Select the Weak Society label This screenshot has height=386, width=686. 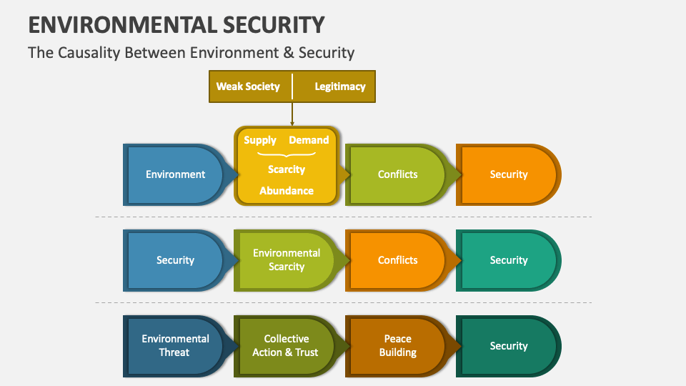pos(248,86)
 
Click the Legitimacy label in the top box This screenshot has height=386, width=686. pos(340,86)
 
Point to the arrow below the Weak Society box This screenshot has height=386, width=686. pos(292,114)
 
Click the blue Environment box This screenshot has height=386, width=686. pos(175,174)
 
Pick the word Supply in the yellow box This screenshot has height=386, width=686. pos(260,140)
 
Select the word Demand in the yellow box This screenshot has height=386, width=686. pos(309,140)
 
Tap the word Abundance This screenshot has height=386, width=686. pos(286,191)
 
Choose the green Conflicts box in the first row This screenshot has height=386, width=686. pos(397,174)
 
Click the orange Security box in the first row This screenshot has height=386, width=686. pos(508,174)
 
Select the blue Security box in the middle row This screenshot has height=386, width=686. pos(175,260)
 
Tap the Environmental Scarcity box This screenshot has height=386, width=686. pos(286,260)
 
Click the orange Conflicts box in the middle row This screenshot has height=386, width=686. pos(397,260)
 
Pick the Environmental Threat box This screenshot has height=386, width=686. pos(175,346)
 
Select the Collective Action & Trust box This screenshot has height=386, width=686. pos(286,346)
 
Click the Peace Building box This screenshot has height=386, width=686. pos(397,346)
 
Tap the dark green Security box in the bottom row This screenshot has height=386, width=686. pos(508,346)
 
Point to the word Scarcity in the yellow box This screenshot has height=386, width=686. pos(286,169)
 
